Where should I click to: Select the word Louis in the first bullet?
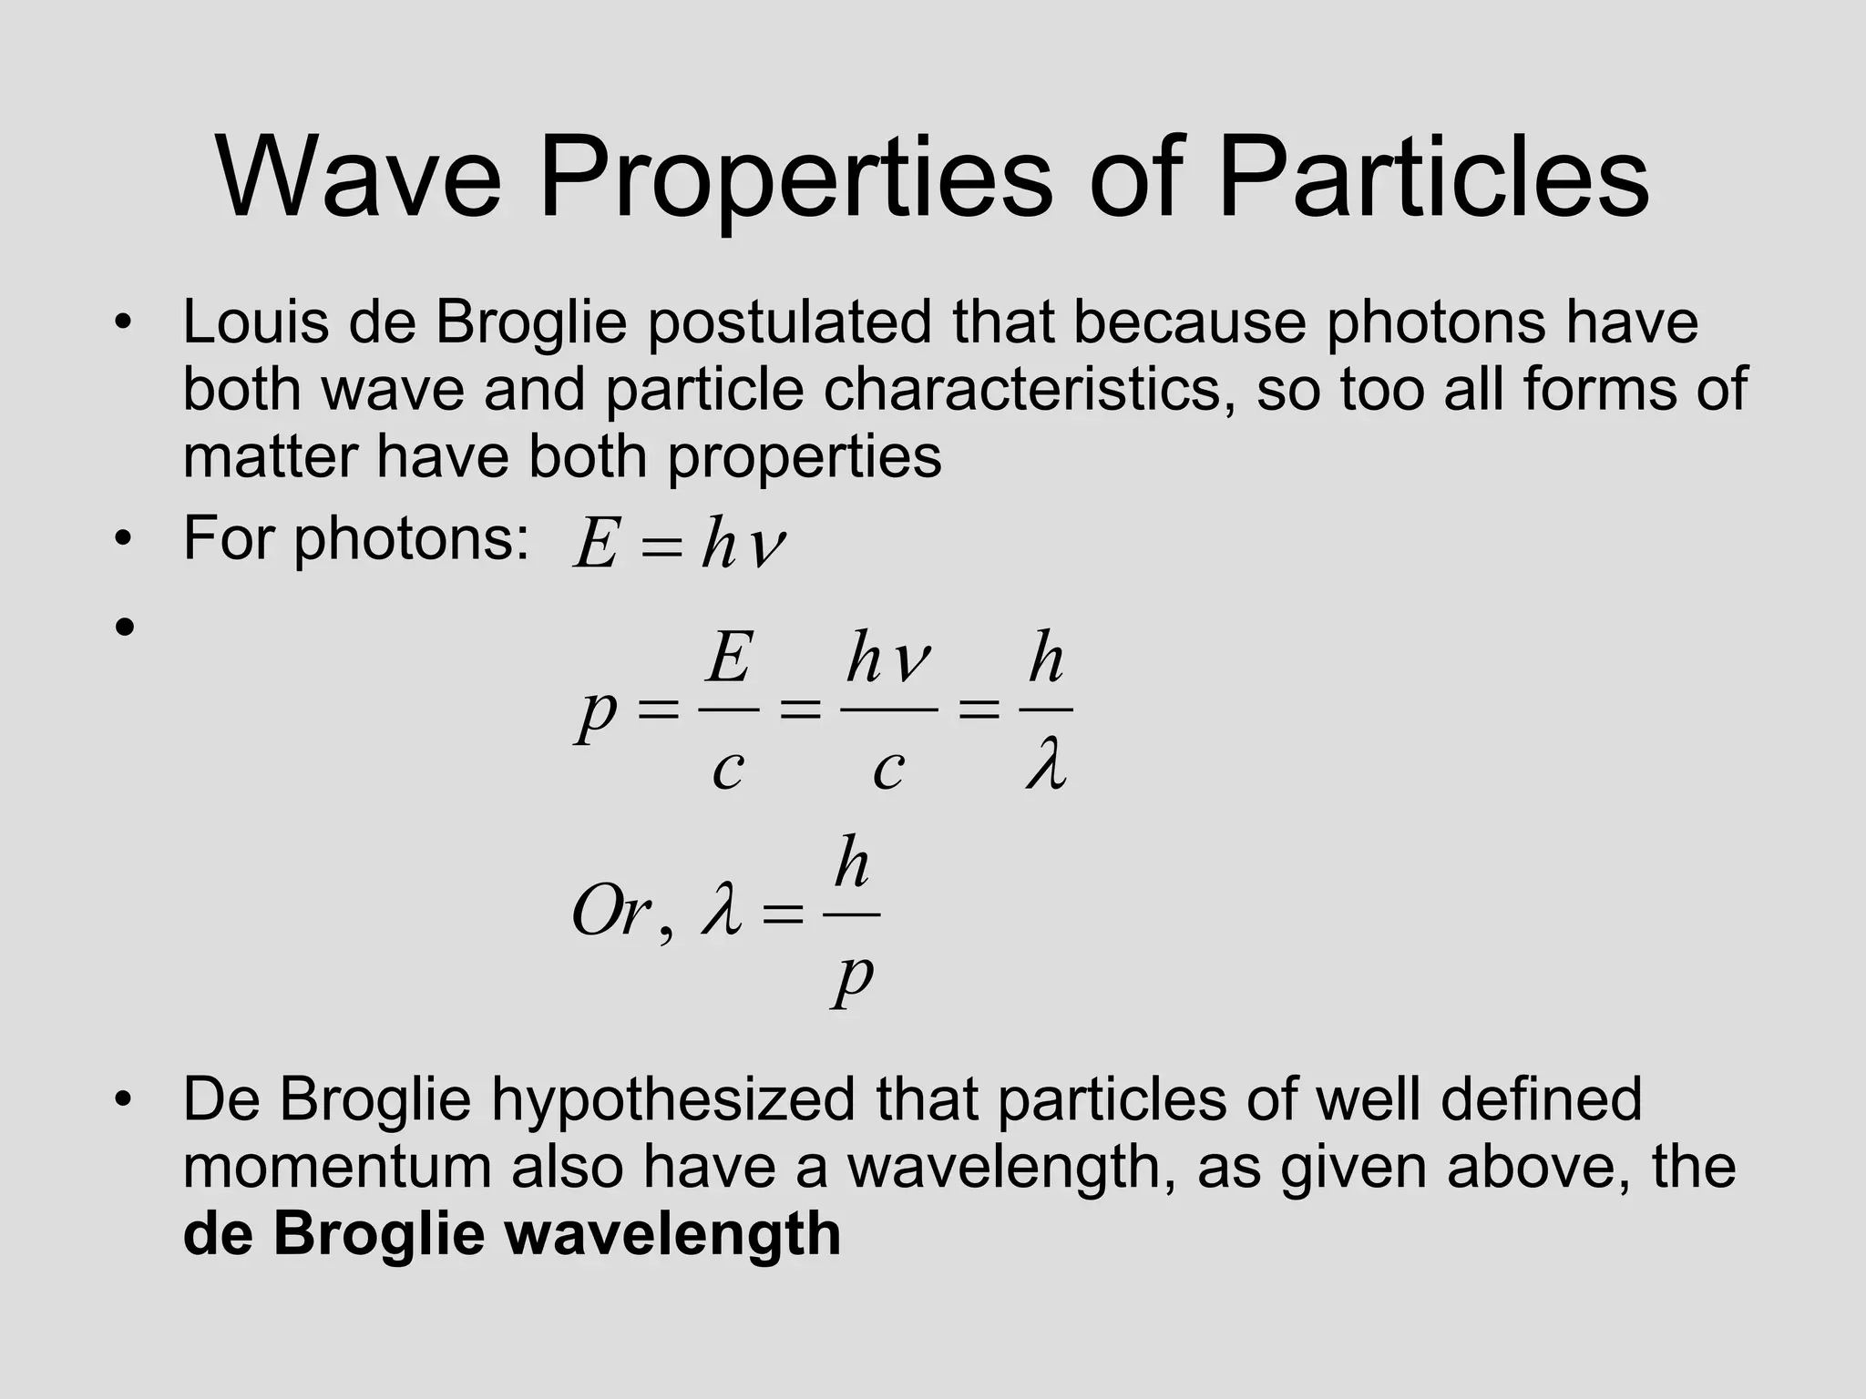(255, 322)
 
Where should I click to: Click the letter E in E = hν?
(596, 546)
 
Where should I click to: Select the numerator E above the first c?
(729, 658)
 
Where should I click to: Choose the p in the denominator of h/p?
(853, 978)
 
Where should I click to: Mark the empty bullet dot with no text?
(125, 627)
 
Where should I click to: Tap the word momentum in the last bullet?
(336, 1168)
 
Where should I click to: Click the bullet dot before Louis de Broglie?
(125, 323)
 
